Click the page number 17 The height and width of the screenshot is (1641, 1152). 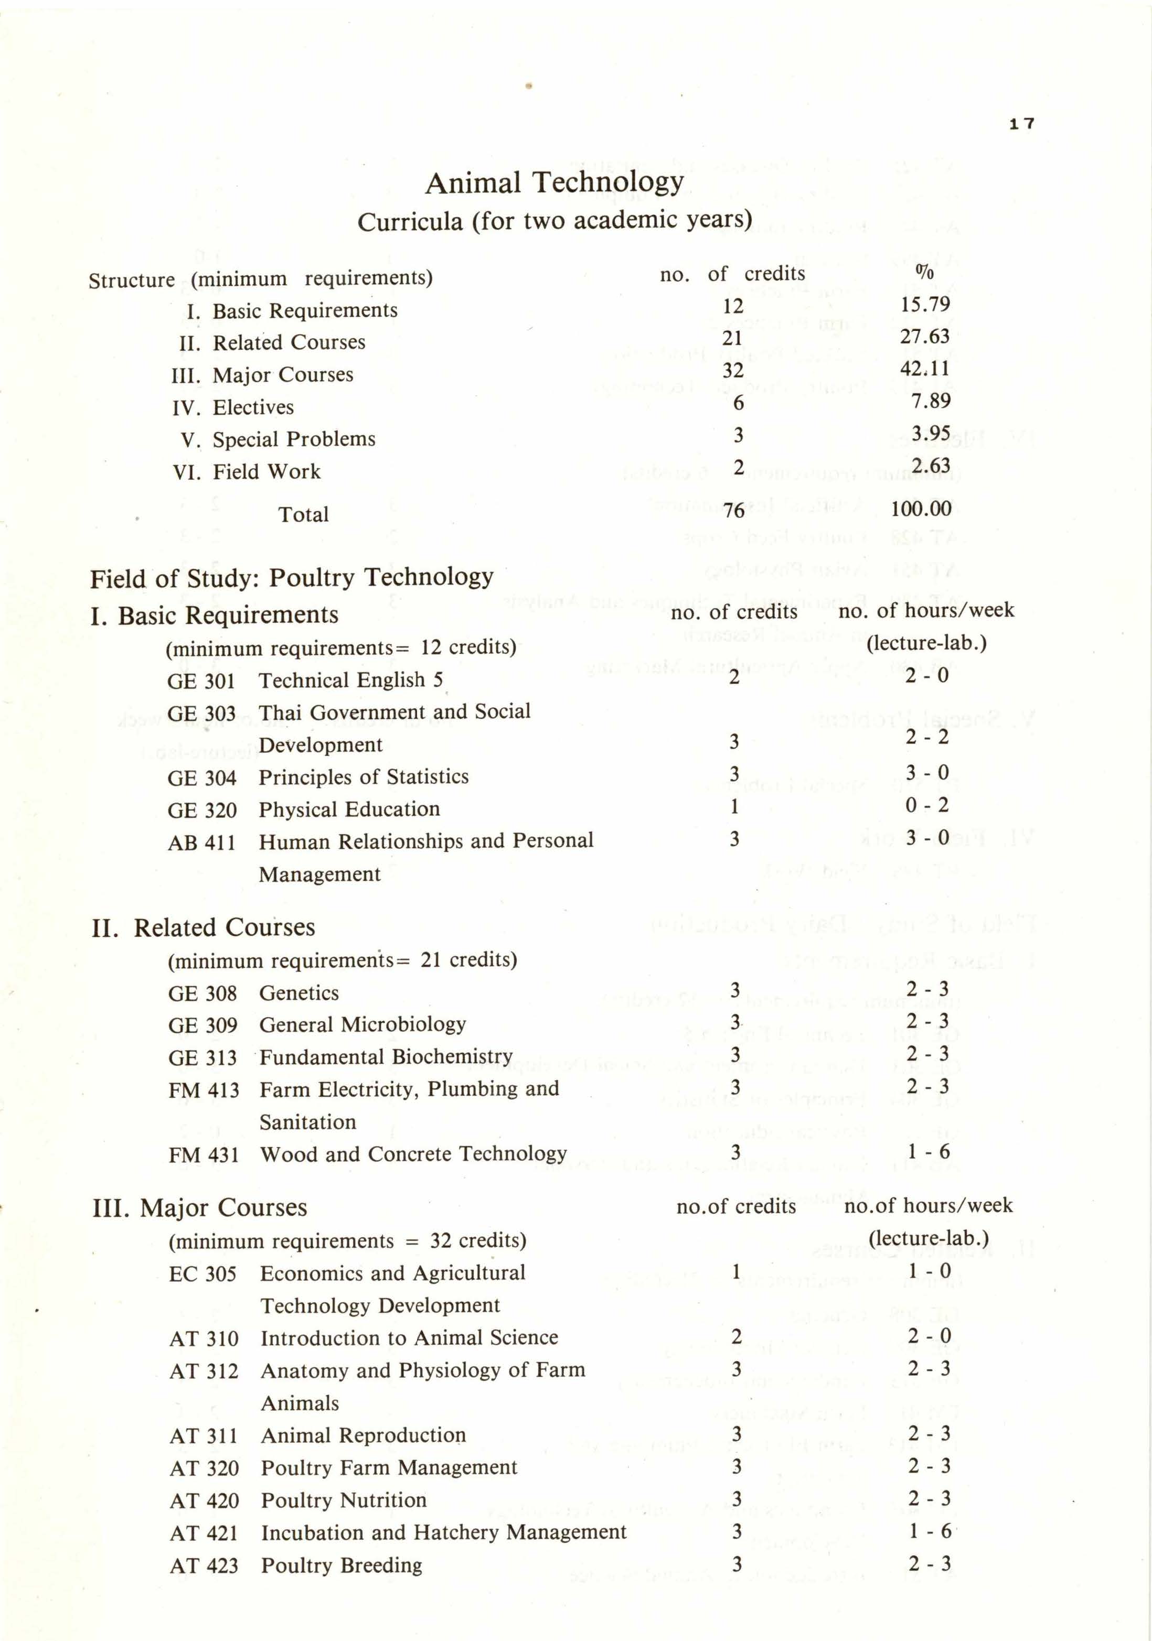[1022, 124]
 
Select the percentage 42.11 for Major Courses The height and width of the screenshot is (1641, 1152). [925, 369]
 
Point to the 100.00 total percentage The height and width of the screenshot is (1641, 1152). [921, 509]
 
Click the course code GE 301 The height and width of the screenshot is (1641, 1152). [201, 681]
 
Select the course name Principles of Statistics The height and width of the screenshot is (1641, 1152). [363, 777]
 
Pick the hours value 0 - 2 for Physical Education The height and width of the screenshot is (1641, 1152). [927, 805]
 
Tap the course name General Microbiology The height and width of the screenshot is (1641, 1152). [362, 1025]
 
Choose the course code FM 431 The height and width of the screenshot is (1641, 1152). [204, 1155]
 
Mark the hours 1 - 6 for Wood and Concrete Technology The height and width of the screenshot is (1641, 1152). [928, 1152]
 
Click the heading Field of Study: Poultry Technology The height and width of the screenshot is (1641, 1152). [292, 577]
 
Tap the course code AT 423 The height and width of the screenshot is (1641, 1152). [204, 1566]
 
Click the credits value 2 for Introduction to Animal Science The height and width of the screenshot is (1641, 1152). [737, 1336]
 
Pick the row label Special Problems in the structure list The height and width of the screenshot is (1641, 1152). [293, 439]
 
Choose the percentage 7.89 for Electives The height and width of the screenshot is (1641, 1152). [930, 401]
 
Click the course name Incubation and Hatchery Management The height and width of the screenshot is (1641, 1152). [443, 1532]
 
